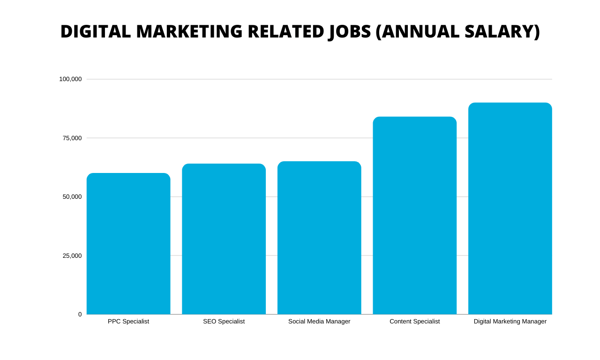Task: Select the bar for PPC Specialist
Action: [x=128, y=244]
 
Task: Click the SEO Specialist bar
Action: [x=224, y=239]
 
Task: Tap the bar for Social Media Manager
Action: [x=319, y=238]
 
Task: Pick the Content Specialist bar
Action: [x=414, y=216]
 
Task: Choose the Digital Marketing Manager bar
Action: [x=510, y=209]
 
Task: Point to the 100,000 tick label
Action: [x=70, y=79]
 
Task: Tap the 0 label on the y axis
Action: [x=80, y=315]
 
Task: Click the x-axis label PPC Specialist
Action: [x=128, y=322]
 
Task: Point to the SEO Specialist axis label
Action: [x=224, y=322]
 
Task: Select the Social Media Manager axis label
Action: [x=319, y=322]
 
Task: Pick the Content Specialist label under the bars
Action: [x=414, y=322]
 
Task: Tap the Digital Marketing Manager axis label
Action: [x=510, y=322]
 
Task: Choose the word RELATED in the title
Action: [x=286, y=31]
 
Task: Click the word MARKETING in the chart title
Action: [x=189, y=31]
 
